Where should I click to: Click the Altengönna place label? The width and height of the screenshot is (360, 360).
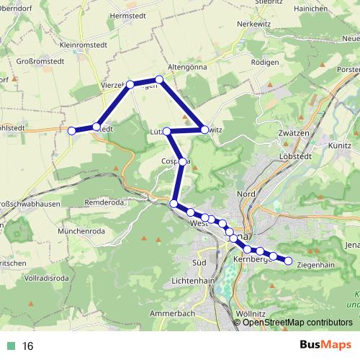(x=187, y=66)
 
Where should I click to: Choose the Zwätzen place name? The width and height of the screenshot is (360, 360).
(x=292, y=134)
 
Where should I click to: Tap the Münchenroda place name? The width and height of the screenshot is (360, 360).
(x=83, y=231)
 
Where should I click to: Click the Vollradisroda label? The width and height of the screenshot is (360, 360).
(x=47, y=277)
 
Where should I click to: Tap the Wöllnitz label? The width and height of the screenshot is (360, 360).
(x=251, y=314)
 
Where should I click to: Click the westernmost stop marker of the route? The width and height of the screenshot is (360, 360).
(x=72, y=130)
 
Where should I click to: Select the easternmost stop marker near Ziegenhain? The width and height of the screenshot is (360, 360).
(x=288, y=261)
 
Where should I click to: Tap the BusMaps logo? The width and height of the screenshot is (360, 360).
(x=325, y=346)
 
